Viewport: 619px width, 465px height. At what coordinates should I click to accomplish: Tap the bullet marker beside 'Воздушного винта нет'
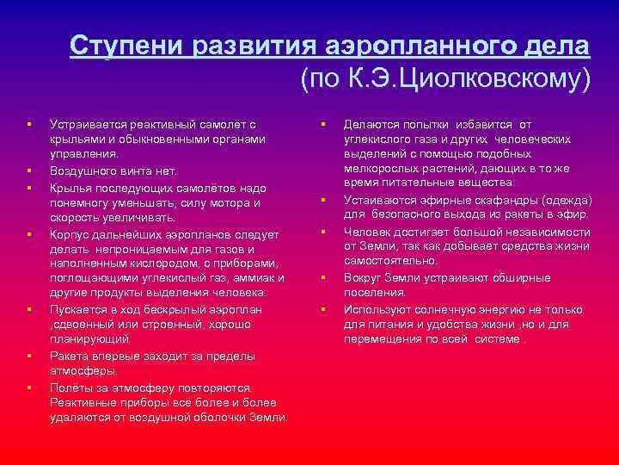point(28,170)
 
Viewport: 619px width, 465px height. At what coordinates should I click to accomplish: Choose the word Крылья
point(70,187)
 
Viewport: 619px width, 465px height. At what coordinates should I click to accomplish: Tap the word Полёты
point(70,387)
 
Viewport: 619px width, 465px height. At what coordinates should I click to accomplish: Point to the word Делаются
point(371,125)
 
